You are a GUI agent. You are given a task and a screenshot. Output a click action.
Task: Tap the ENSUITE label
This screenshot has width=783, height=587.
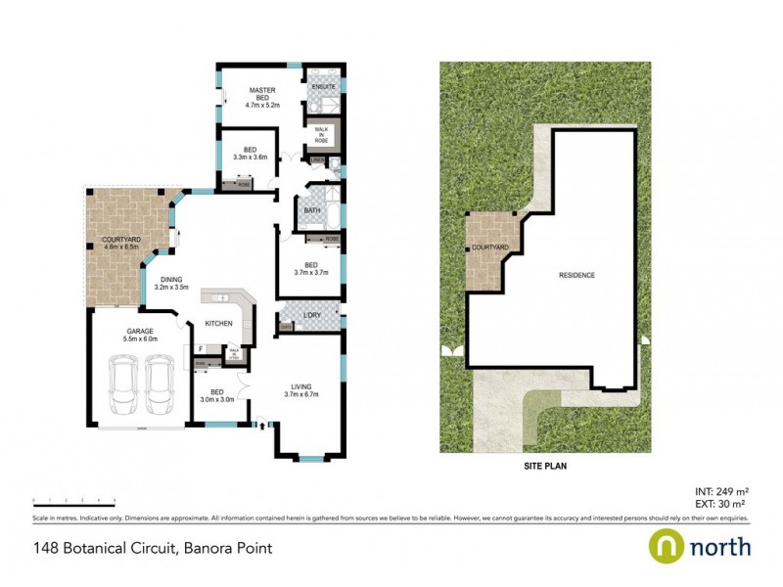pyautogui.click(x=323, y=87)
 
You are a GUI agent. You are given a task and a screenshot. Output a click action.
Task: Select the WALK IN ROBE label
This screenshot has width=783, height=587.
pyautogui.click(x=322, y=133)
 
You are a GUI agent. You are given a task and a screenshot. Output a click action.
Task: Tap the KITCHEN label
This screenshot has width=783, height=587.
pyautogui.click(x=218, y=323)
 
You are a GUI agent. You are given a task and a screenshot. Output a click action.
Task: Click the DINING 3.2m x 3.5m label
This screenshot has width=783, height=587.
pyautogui.click(x=167, y=283)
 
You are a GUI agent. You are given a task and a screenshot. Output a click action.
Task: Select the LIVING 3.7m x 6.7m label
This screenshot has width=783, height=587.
pyautogui.click(x=302, y=389)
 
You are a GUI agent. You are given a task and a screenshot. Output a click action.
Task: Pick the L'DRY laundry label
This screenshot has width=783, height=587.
pyautogui.click(x=312, y=314)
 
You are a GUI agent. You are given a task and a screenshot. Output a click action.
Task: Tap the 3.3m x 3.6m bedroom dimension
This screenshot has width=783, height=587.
pyautogui.click(x=250, y=157)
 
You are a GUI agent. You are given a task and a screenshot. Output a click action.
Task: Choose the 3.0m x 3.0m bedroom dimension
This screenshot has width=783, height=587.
pyautogui.click(x=218, y=399)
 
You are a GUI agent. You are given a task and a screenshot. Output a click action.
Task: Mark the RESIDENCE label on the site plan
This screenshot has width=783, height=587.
pyautogui.click(x=576, y=275)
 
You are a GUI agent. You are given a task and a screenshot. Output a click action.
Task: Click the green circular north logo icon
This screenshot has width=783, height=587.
pyautogui.click(x=666, y=546)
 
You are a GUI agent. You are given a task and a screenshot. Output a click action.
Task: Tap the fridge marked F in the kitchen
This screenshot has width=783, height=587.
pyautogui.click(x=200, y=348)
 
